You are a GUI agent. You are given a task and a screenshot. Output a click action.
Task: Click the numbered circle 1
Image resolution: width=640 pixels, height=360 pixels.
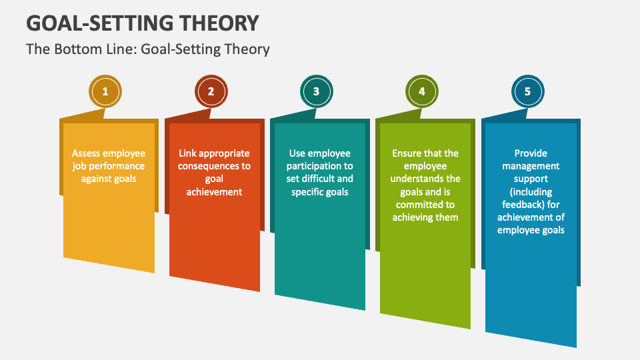coord(105,92)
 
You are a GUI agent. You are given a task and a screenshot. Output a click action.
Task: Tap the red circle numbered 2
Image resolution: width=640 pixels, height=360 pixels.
coord(211,92)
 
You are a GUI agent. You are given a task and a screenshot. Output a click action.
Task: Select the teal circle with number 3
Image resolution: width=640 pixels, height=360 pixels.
coord(317,92)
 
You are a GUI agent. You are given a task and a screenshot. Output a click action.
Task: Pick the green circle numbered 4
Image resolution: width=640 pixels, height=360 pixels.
coord(422,92)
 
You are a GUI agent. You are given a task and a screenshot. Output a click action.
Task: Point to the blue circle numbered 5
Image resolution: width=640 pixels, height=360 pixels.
coord(527,92)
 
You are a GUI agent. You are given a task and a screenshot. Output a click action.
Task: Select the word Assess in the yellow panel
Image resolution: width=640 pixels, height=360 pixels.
coord(87,153)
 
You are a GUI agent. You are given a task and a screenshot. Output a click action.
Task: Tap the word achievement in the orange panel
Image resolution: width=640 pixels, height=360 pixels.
coord(214,192)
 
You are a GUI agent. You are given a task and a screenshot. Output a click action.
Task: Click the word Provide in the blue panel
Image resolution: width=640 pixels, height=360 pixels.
coord(531,153)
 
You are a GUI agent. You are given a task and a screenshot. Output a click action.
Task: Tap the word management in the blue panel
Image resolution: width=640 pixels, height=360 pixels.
coord(531,166)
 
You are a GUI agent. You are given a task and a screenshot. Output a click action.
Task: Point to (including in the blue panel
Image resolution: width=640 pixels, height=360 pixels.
coord(531,192)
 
